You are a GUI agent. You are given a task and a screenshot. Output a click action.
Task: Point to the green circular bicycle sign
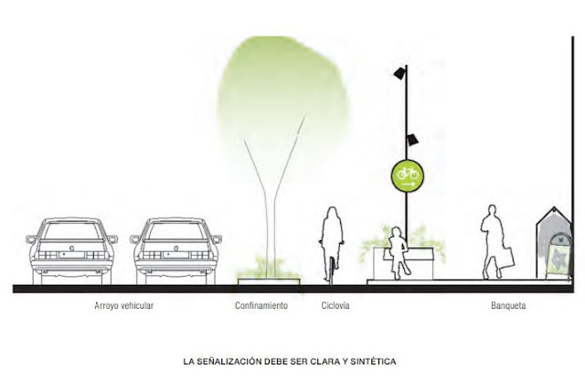pyautogui.click(x=408, y=174)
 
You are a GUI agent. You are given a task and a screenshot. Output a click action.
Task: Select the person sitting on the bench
pyautogui.click(x=399, y=252)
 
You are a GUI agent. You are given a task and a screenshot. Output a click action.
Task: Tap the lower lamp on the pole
pyautogui.click(x=413, y=139)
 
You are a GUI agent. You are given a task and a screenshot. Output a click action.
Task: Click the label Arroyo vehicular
pyautogui.click(x=123, y=306)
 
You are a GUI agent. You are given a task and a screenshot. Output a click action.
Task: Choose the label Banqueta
pyautogui.click(x=507, y=306)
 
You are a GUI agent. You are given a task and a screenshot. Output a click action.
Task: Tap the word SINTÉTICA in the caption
pyautogui.click(x=374, y=361)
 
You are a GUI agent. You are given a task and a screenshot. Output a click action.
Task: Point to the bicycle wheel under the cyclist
pyautogui.click(x=330, y=269)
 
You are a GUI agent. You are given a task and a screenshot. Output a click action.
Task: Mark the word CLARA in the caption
pyautogui.click(x=329, y=361)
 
